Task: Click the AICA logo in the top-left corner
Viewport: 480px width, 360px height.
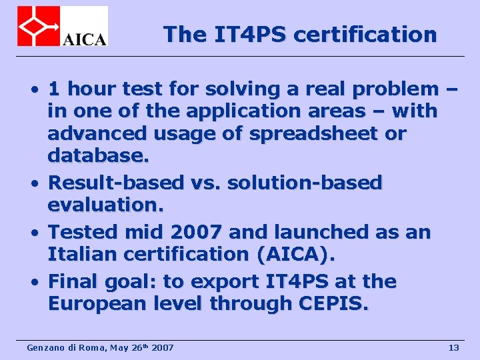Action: pyautogui.click(x=63, y=26)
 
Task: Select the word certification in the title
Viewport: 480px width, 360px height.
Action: pyautogui.click(x=365, y=34)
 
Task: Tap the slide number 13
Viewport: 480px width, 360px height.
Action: pyautogui.click(x=454, y=347)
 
